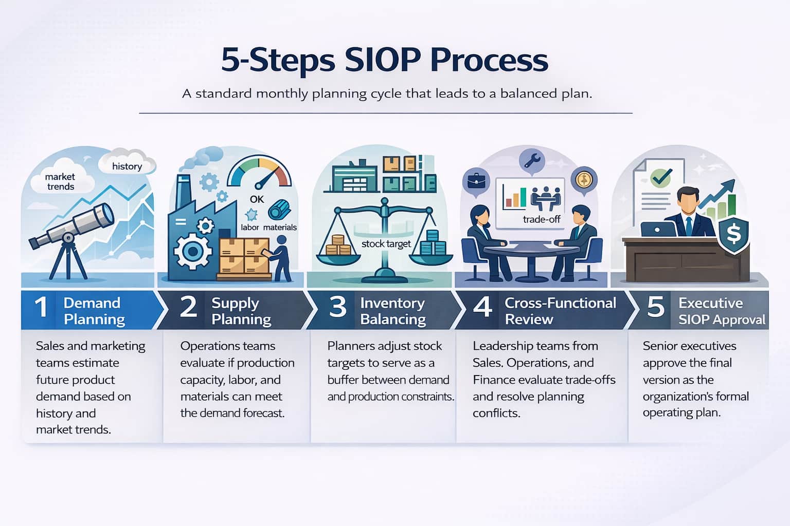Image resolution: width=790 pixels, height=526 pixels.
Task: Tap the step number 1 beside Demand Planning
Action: click(41, 308)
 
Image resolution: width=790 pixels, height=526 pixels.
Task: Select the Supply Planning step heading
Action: click(241, 311)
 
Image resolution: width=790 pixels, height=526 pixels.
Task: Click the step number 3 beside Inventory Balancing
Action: click(337, 307)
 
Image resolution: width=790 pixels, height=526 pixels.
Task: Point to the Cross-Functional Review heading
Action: click(560, 311)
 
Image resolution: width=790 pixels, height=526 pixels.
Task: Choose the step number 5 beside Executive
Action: click(655, 307)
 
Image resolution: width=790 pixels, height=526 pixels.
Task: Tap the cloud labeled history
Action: click(127, 165)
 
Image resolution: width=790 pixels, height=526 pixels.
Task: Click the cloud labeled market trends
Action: click(61, 181)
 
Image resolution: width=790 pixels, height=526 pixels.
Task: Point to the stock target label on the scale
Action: click(386, 243)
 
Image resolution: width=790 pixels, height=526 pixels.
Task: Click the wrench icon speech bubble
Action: click(532, 160)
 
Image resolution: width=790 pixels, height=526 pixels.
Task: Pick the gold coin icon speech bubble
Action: click(584, 180)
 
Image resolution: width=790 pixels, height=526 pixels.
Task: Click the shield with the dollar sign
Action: click(733, 235)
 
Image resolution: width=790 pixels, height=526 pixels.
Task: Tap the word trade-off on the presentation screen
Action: click(541, 219)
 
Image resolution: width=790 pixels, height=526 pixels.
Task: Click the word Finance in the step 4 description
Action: click(495, 380)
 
